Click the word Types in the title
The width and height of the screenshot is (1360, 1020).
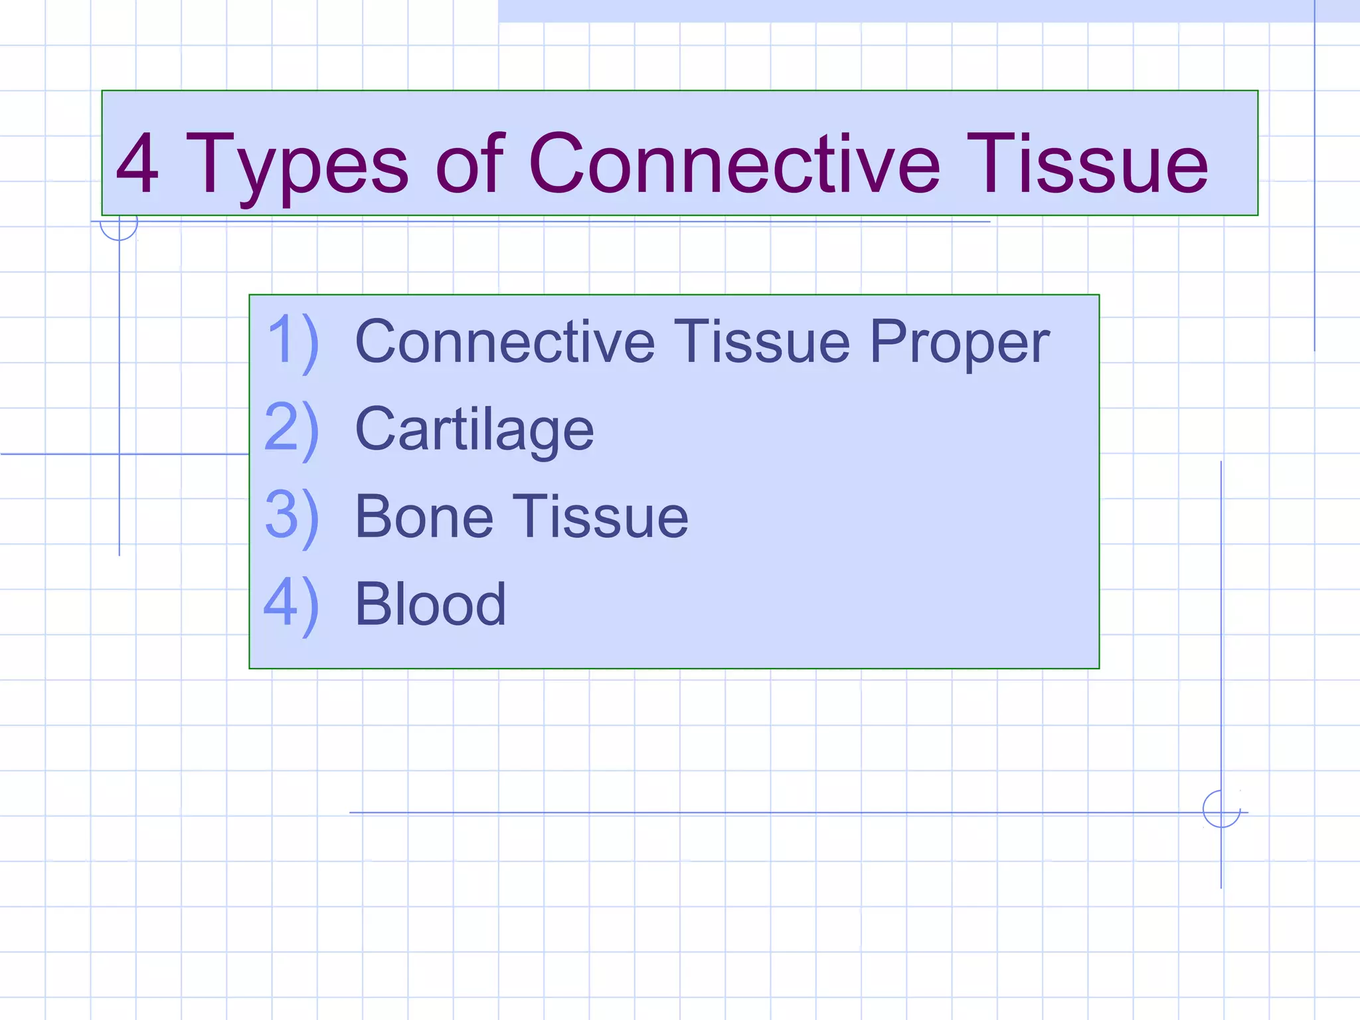pos(297,166)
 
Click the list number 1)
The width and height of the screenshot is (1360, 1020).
pos(292,342)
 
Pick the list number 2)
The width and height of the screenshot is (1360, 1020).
pos(292,430)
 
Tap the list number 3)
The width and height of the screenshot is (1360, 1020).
pos(292,517)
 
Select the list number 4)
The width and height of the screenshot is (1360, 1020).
pos(292,605)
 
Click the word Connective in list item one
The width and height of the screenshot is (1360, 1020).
pos(505,342)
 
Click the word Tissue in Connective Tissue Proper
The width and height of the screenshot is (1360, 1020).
pos(762,342)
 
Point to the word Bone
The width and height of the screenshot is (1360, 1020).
pos(424,517)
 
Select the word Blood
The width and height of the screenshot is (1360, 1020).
pos(431,605)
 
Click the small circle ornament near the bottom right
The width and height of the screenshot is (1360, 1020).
pos(1221,809)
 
